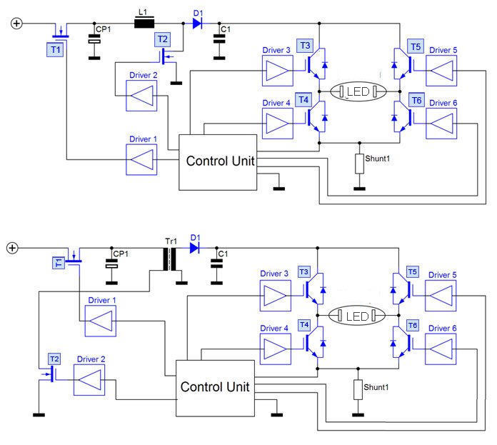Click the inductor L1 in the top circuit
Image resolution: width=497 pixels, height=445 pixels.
point(144,24)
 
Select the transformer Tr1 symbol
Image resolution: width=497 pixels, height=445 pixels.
point(170,259)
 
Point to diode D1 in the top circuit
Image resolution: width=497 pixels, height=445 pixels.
point(197,23)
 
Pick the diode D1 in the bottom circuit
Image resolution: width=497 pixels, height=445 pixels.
point(194,248)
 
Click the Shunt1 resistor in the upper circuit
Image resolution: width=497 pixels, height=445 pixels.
point(359,164)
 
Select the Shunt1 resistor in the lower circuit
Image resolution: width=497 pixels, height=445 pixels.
point(358,389)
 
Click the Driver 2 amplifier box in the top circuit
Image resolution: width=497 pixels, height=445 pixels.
point(141,96)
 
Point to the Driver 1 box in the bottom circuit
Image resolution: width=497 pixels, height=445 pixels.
point(101,321)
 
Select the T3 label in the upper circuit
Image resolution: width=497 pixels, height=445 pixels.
point(305,46)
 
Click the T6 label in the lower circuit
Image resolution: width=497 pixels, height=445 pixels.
point(413,326)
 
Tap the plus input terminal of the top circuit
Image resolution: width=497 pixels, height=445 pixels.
point(16,24)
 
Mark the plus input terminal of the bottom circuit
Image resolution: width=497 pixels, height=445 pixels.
point(12,248)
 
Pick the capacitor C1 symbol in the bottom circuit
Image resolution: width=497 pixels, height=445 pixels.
point(217,264)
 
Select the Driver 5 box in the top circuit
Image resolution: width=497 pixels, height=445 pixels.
point(441,71)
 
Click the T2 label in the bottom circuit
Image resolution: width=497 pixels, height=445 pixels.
point(54,359)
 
